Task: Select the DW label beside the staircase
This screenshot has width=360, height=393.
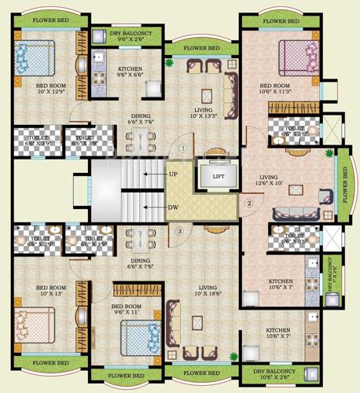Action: click(x=172, y=208)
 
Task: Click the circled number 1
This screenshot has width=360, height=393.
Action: click(x=182, y=146)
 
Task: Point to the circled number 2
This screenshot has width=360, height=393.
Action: click(x=248, y=204)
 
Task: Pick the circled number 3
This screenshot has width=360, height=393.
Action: click(x=179, y=231)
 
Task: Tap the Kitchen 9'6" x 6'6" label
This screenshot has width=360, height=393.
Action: click(x=130, y=73)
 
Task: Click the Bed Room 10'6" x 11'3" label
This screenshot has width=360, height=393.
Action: click(x=277, y=89)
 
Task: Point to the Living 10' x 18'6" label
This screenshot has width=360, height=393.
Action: click(x=208, y=292)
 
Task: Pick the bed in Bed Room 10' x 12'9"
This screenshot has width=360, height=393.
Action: click(x=35, y=56)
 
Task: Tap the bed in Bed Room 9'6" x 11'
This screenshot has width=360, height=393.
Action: click(x=140, y=338)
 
